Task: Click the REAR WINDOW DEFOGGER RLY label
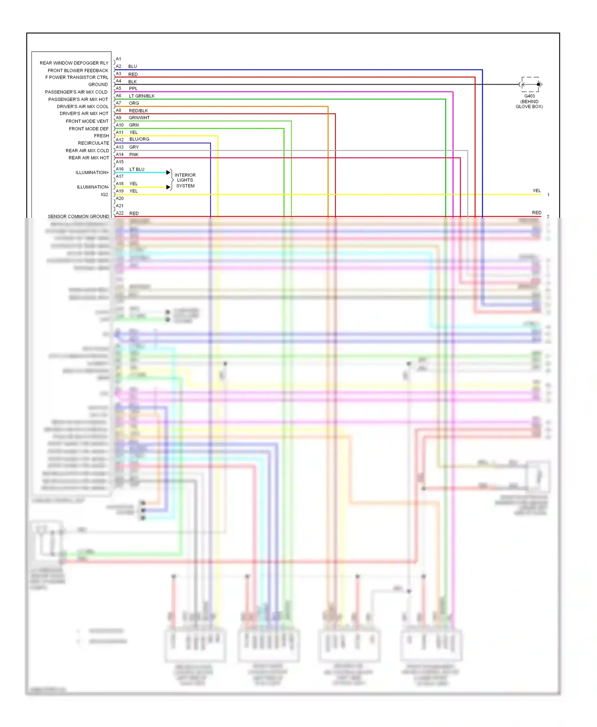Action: click(x=74, y=63)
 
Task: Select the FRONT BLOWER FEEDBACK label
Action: click(x=78, y=70)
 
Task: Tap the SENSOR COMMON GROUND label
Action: click(x=78, y=216)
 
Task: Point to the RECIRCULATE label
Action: click(x=94, y=143)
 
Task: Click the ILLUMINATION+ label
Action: click(x=92, y=173)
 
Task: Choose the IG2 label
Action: click(x=104, y=194)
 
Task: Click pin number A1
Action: click(x=119, y=59)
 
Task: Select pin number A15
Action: click(x=119, y=162)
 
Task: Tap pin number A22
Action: click(x=119, y=213)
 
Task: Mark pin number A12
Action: click(x=119, y=140)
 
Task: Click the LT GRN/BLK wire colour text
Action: click(x=142, y=96)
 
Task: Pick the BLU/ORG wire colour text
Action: click(x=139, y=139)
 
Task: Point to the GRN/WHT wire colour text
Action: click(x=139, y=118)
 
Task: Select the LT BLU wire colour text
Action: click(x=137, y=169)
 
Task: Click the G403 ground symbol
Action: click(x=530, y=84)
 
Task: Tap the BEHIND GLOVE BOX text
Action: click(x=529, y=104)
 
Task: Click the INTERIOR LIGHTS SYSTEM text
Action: click(x=185, y=180)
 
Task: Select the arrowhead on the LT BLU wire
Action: click(x=168, y=173)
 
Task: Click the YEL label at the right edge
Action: click(x=537, y=190)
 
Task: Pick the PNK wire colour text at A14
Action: click(x=134, y=155)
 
